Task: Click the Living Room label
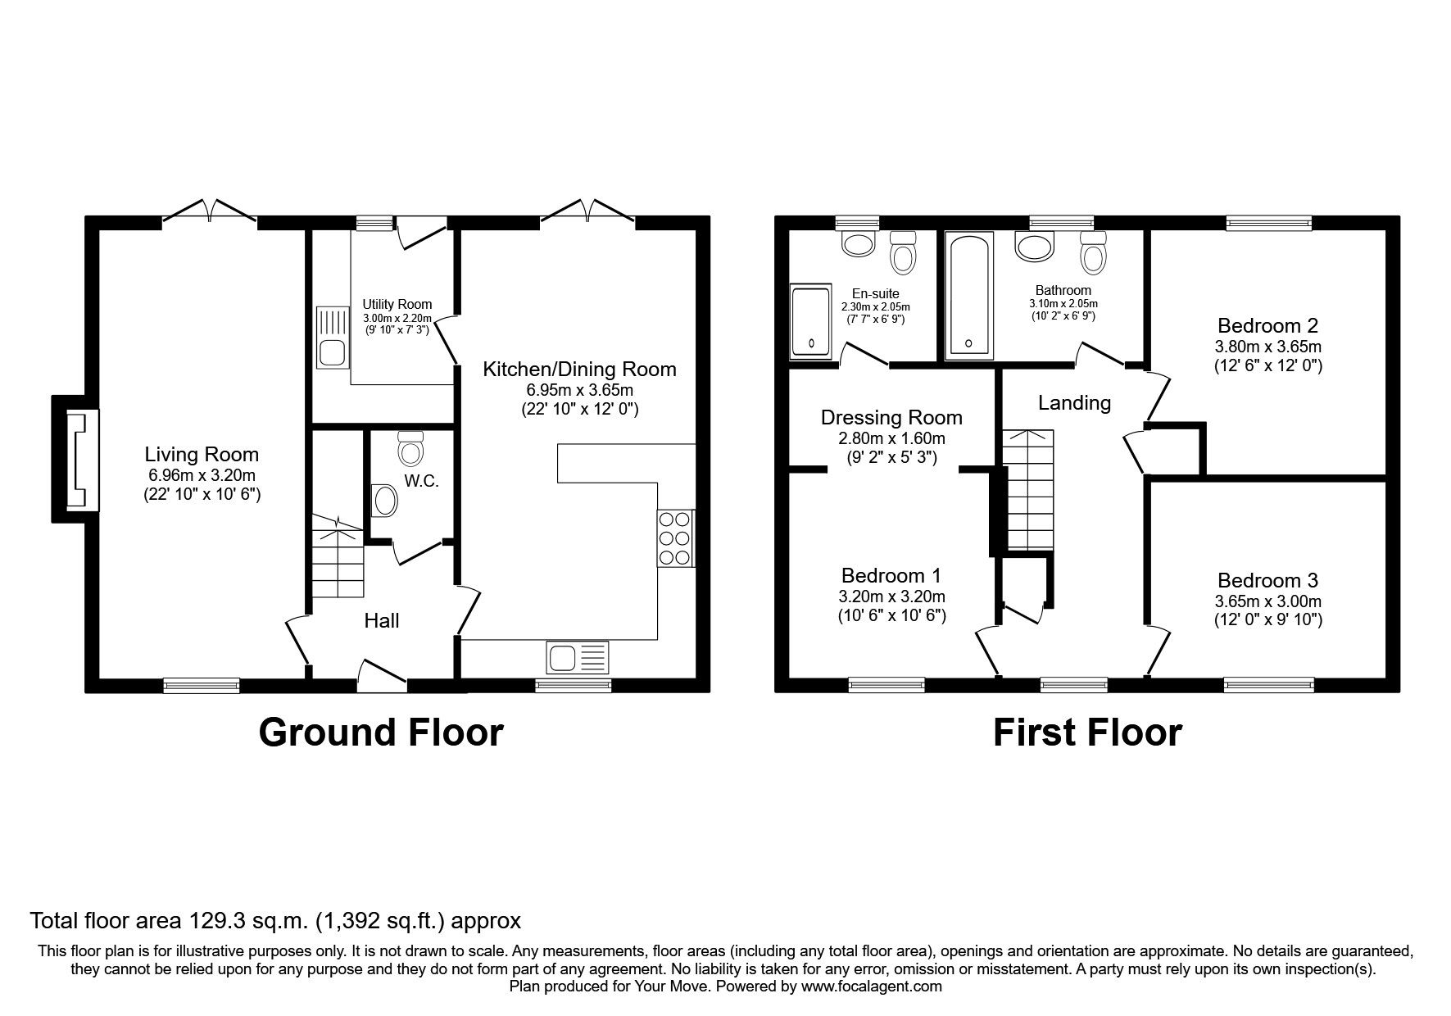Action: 202,455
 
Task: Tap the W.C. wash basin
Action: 383,500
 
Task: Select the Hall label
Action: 382,621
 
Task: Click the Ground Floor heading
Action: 380,732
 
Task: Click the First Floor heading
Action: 1087,732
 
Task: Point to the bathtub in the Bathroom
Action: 968,297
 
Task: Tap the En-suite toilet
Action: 903,252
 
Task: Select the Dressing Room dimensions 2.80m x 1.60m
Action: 891,438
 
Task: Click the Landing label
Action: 1074,403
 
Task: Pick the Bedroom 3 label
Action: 1267,581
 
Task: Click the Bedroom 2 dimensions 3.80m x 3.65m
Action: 1267,346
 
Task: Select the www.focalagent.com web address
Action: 871,987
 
